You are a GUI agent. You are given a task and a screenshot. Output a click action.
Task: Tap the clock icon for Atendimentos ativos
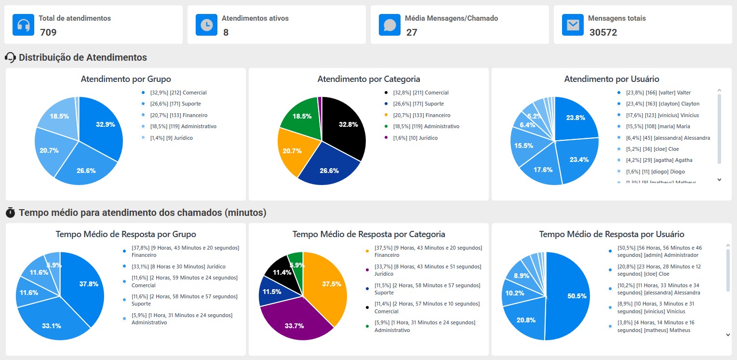coord(206,25)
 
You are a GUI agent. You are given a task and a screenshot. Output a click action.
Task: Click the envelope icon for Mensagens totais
coord(573,25)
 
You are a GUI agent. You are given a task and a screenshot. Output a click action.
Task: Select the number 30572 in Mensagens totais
coord(603,33)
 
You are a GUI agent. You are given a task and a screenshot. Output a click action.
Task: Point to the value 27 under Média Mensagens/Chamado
coord(412,33)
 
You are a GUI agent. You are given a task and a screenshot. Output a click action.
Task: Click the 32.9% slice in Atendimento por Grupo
coord(101,125)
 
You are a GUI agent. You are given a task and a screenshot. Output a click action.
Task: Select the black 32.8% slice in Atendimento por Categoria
coord(345,125)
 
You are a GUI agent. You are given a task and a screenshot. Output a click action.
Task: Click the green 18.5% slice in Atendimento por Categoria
coord(301,116)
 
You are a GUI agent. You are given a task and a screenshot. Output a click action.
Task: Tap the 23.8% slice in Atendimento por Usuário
coord(576,118)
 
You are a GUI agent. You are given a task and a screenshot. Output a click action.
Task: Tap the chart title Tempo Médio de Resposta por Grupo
coord(126,234)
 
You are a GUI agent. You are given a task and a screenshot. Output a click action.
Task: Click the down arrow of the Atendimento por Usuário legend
coord(719,179)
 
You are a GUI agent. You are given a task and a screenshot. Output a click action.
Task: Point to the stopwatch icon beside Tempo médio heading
coord(10,213)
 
